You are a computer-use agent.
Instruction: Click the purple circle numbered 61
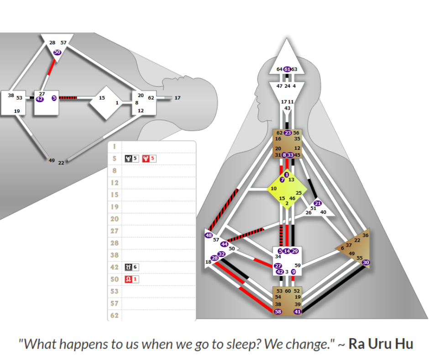[x=287, y=69]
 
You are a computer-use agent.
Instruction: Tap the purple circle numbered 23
[x=288, y=133]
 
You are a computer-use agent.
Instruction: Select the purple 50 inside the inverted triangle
[x=57, y=52]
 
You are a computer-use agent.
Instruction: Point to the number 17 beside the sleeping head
[x=178, y=98]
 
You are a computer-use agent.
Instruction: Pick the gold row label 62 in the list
[x=115, y=315]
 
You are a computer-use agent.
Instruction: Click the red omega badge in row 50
[x=128, y=279]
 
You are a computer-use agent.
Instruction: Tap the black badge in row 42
[x=128, y=267]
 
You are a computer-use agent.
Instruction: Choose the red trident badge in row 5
[x=146, y=159]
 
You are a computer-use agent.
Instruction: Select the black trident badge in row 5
[x=128, y=159]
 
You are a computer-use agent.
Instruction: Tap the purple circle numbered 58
[x=278, y=312]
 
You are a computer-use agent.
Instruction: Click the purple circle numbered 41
[x=298, y=312]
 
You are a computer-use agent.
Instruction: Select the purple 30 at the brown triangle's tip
[x=366, y=263]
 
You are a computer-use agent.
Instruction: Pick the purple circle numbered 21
[x=318, y=203]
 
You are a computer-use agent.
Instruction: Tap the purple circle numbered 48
[x=209, y=235]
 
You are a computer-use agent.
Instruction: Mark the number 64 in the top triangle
[x=280, y=69]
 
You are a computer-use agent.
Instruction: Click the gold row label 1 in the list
[x=115, y=146]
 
